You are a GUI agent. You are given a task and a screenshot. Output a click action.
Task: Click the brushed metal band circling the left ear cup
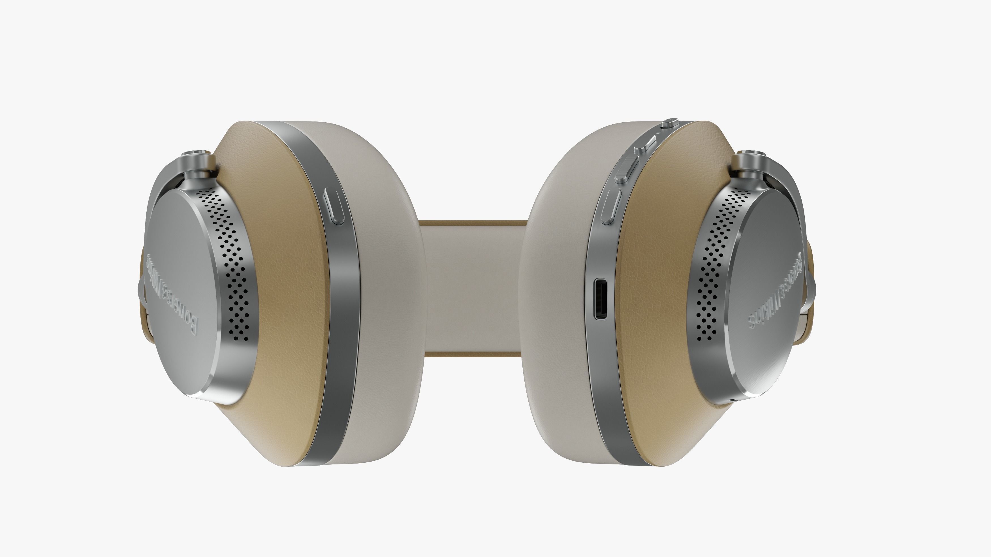click(339, 308)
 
